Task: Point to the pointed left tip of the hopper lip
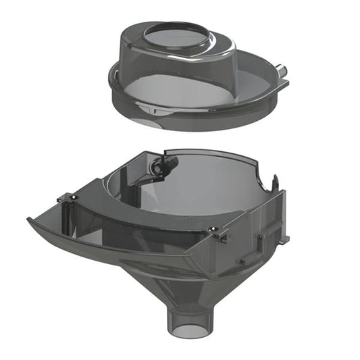30,220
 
